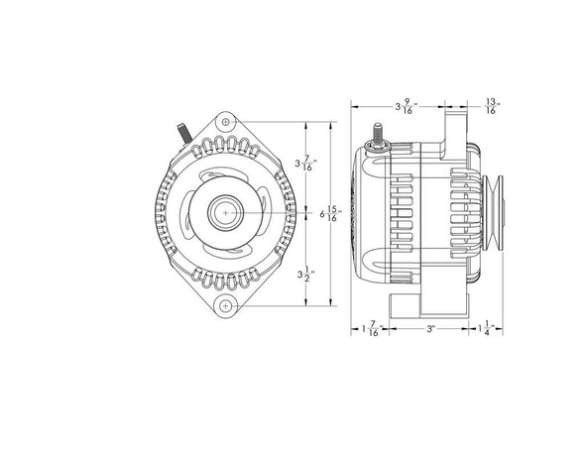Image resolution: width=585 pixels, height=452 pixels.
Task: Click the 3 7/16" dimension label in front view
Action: tap(306, 162)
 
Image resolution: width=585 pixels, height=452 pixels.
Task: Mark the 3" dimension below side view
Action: tap(428, 328)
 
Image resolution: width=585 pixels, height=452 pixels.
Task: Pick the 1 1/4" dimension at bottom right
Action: tap(484, 329)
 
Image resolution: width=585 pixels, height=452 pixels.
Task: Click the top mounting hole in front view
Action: tap(226, 122)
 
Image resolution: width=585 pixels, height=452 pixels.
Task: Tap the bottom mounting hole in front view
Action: tap(226, 304)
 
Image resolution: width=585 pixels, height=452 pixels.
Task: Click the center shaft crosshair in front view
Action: tap(226, 213)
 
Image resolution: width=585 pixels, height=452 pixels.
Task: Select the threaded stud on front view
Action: tap(181, 133)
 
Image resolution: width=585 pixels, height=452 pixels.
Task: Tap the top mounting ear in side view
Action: tap(452, 124)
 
